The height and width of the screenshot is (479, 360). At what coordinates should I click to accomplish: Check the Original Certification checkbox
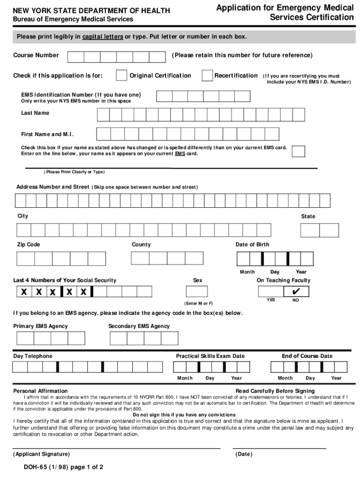tap(121, 75)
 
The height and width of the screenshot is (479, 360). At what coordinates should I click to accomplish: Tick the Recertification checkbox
tap(207, 75)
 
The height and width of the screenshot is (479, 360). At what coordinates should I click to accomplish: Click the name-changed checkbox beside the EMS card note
tap(298, 151)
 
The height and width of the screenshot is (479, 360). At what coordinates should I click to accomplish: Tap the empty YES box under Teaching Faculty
tap(271, 291)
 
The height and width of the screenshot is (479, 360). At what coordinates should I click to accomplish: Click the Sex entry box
tap(198, 291)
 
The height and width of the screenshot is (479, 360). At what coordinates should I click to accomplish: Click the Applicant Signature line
tap(117, 449)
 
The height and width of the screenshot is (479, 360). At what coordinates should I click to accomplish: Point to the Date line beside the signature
tap(279, 449)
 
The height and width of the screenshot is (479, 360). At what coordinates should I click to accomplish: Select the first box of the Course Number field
tap(76, 57)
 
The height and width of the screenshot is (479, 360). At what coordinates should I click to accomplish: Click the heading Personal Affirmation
tap(40, 391)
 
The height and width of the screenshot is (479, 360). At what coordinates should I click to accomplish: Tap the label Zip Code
tap(29, 245)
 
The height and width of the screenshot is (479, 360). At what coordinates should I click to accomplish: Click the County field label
tap(141, 245)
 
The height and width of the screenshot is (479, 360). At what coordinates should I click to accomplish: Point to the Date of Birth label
tap(252, 245)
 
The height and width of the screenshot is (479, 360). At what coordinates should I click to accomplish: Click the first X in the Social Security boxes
tap(23, 292)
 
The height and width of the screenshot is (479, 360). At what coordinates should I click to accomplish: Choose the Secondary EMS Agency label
tap(139, 326)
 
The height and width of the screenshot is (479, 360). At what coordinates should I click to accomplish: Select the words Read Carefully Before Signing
tap(275, 391)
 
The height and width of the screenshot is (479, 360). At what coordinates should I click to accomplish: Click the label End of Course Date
tap(307, 356)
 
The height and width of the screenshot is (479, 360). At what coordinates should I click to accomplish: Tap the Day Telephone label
tap(33, 356)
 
